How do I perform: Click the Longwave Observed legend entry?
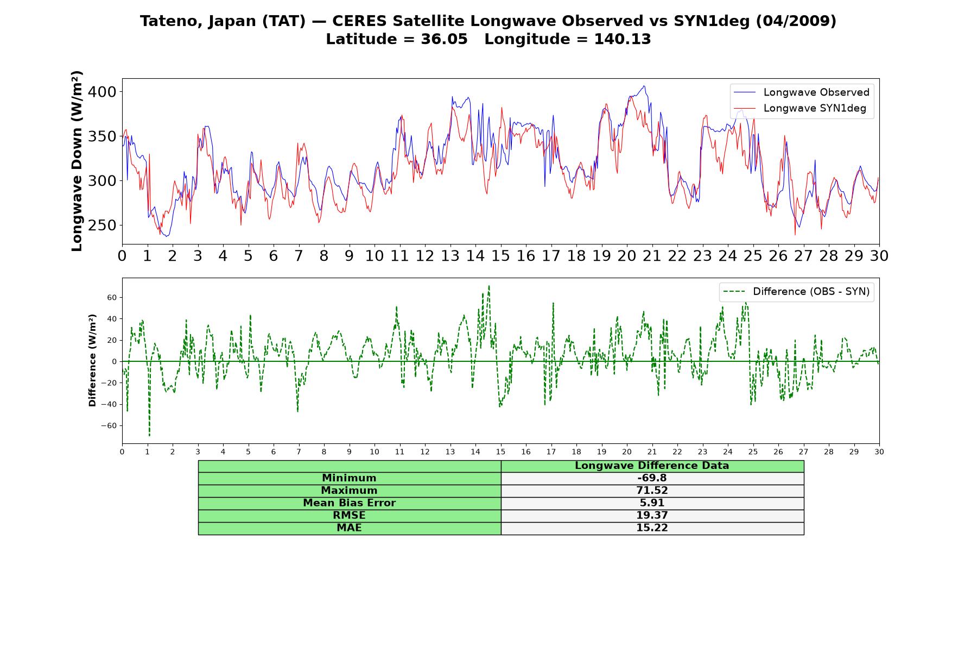click(802, 92)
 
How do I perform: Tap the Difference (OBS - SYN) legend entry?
click(796, 292)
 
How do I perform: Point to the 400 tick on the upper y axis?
click(102, 92)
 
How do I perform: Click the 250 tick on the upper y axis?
click(102, 225)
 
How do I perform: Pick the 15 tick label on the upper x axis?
click(500, 256)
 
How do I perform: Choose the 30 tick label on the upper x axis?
click(879, 256)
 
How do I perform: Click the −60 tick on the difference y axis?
click(109, 426)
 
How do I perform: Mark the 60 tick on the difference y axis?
click(112, 298)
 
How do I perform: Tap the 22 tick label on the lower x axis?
click(677, 452)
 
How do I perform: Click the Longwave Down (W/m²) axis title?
click(77, 161)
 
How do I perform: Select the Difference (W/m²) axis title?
click(92, 360)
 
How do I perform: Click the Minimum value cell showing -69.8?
click(652, 478)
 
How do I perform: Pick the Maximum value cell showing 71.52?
click(652, 491)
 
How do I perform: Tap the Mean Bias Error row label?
click(350, 503)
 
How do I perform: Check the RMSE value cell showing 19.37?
click(652, 516)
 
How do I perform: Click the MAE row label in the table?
click(350, 528)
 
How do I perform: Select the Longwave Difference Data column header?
click(652, 466)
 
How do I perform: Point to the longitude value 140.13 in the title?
click(623, 39)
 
